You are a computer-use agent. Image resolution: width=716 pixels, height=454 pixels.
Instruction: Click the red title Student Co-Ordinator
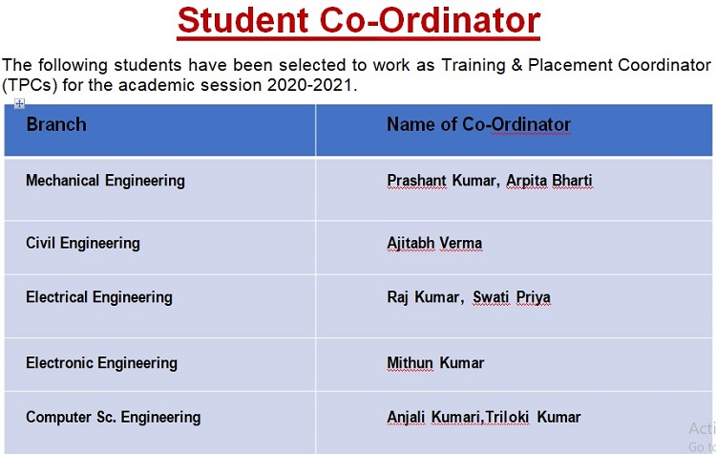358,21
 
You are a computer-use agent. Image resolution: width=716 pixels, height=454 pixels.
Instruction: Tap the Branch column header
56,124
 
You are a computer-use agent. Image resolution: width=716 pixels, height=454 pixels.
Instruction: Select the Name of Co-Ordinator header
478,125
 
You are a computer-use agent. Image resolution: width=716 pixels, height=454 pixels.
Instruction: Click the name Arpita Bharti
549,181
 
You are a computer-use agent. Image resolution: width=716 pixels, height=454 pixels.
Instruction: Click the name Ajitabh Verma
434,243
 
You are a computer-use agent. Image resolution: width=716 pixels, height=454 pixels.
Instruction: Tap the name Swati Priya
512,297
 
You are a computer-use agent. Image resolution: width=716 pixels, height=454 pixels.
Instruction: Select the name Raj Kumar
423,297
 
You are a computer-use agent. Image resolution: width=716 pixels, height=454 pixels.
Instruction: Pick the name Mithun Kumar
435,363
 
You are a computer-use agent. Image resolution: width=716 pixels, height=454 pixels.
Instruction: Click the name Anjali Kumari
433,418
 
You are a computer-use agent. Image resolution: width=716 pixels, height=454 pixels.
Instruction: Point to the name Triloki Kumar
533,418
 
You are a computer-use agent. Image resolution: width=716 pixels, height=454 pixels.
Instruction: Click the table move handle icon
19,104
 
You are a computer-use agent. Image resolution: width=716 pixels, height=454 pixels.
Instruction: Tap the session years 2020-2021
310,85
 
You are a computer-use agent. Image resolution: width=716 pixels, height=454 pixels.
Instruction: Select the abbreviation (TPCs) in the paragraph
30,85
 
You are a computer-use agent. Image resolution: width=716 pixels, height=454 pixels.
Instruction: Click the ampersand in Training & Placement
516,65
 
